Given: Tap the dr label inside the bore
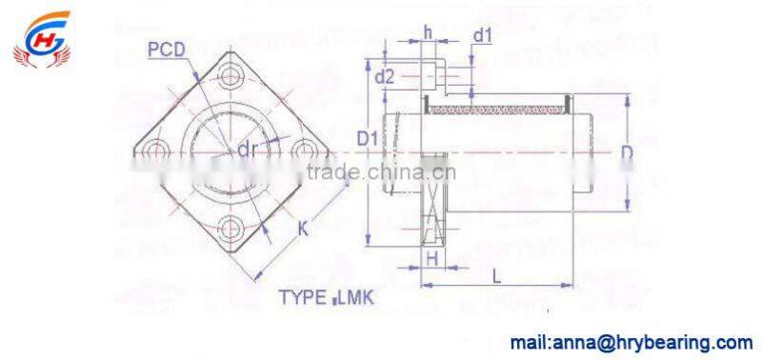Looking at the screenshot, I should click(248, 150).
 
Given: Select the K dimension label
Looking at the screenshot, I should click(302, 228).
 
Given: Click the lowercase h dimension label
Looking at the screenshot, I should click(428, 30).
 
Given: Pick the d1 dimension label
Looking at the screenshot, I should click(483, 37).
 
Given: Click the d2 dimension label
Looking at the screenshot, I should click(385, 75).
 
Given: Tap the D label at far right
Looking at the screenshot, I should click(624, 152).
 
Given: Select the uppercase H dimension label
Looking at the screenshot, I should click(431, 257).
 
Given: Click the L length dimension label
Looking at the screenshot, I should click(496, 275).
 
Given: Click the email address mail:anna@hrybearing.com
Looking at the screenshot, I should click(632, 341).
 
